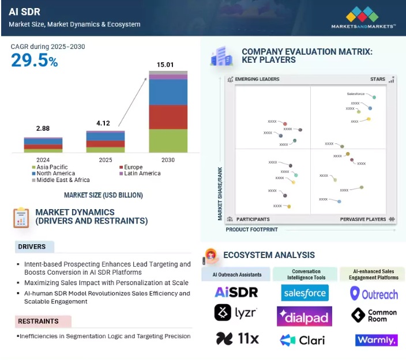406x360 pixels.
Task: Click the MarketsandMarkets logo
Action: click(363, 17)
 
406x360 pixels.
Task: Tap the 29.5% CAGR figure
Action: click(35, 60)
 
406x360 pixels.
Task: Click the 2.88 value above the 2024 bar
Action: click(43, 128)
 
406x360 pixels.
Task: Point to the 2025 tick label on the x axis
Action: click(105, 160)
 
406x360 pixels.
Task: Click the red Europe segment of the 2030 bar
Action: click(168, 117)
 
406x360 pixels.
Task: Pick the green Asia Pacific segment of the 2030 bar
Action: click(168, 141)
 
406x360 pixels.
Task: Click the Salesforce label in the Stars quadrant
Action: click(356, 93)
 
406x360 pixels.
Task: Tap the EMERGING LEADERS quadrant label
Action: click(257, 79)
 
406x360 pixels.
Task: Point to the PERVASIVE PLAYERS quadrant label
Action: click(363, 219)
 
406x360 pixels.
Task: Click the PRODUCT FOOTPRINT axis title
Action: click(251, 230)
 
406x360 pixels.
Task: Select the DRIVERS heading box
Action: click(35, 247)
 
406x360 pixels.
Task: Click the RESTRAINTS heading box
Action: click(43, 321)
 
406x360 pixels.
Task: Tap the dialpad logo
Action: click(304, 316)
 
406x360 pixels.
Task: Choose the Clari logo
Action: click(304, 340)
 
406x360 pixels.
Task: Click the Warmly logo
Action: click(377, 340)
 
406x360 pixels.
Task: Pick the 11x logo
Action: click(236, 339)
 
